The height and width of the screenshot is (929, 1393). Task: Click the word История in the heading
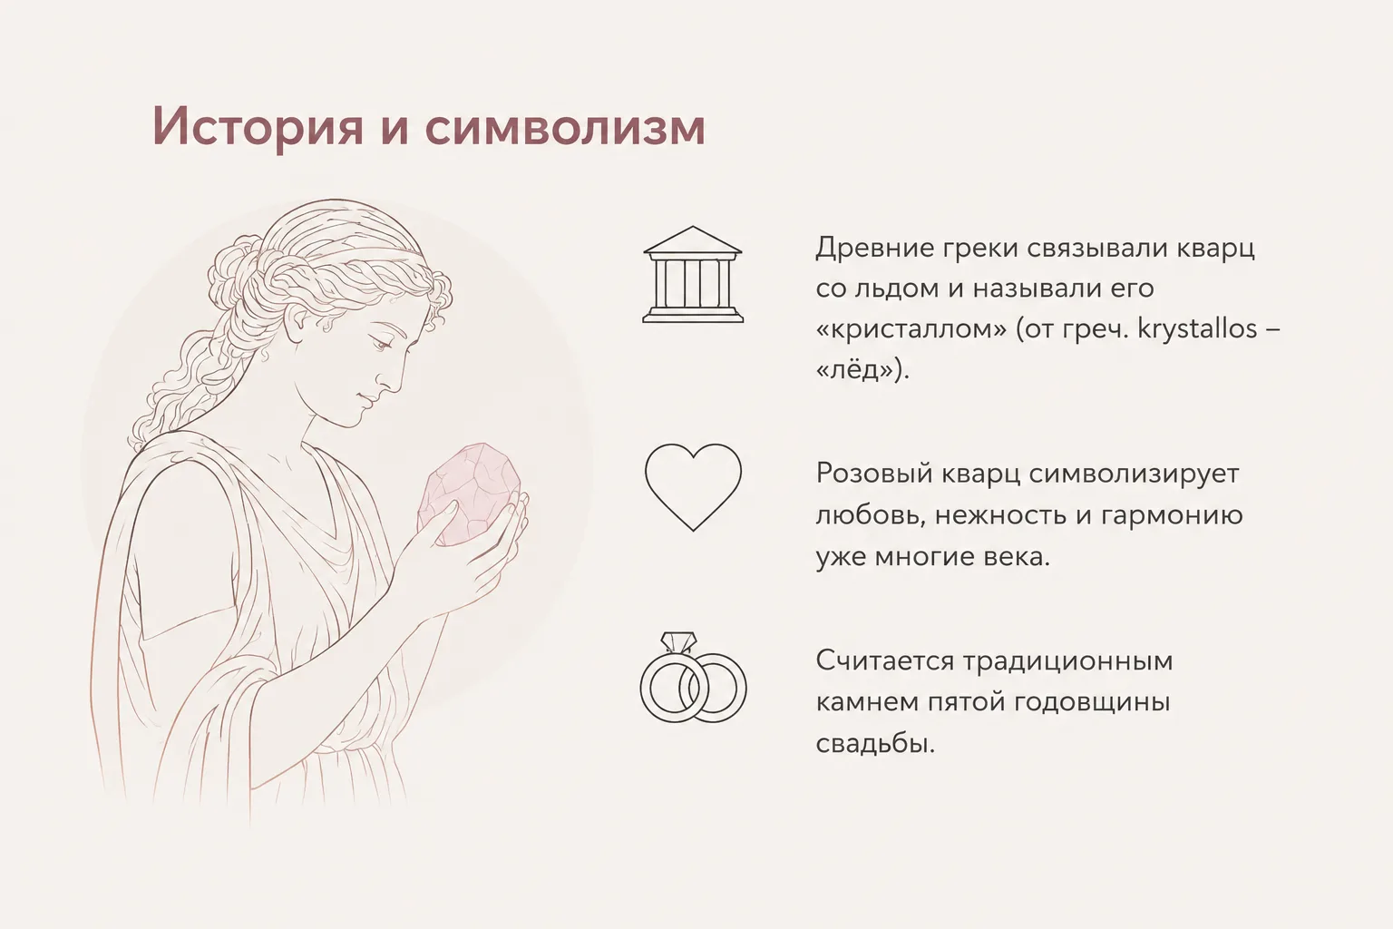click(x=258, y=127)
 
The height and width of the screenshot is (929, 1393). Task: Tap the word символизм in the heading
click(x=565, y=127)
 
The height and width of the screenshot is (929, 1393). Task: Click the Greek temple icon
click(x=693, y=274)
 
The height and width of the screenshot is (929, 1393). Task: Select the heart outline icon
click(x=693, y=486)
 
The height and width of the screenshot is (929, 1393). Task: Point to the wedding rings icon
click(x=693, y=679)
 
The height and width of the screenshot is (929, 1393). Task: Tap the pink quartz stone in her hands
click(x=469, y=495)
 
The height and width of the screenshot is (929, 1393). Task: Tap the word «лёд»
click(x=858, y=370)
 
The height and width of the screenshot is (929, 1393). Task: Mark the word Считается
click(x=884, y=660)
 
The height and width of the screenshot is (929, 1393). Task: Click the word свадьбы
click(x=873, y=742)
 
